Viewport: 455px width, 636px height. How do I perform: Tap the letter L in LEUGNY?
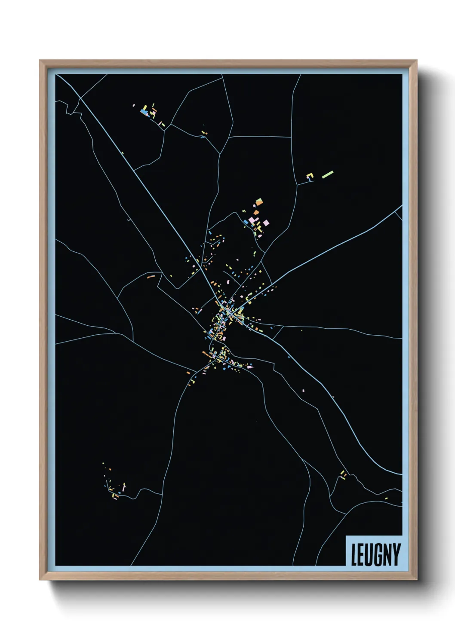pos(354,555)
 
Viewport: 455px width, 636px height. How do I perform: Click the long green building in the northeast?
pos(328,174)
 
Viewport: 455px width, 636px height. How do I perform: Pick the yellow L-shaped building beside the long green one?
pos(309,176)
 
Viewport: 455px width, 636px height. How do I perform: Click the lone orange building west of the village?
pos(151,277)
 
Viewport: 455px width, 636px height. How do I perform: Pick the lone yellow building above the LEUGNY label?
pos(386,498)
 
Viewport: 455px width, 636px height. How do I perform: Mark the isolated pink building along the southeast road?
pos(303,391)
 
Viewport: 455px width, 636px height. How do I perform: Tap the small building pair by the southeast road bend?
pos(343,474)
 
